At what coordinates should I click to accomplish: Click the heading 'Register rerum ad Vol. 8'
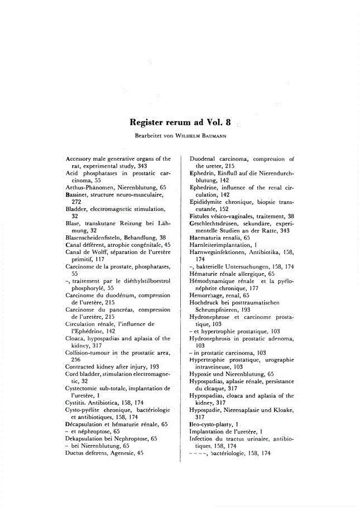click(x=180, y=122)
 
